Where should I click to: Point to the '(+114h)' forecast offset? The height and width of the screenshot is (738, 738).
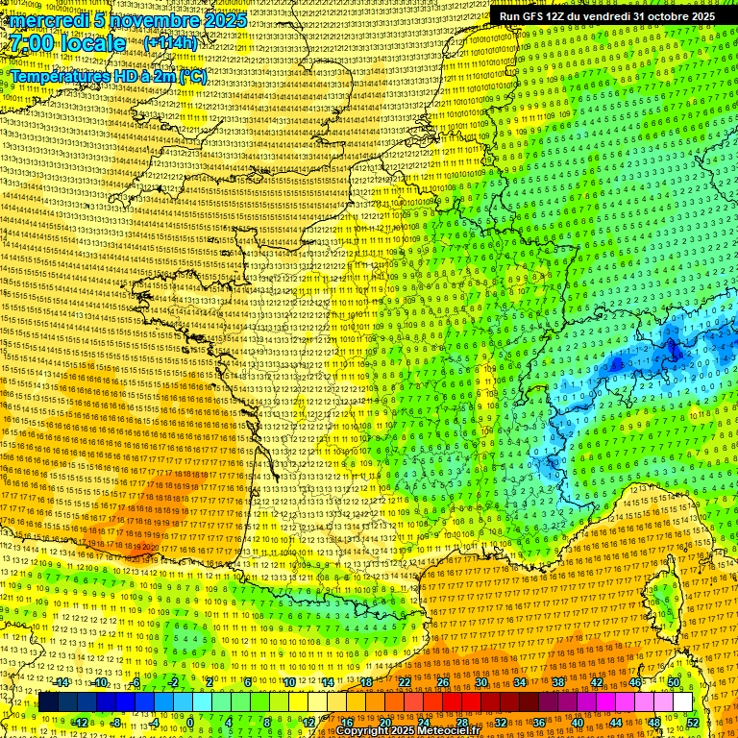coord(171,43)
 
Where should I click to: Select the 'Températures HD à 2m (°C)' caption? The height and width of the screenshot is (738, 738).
coord(108,76)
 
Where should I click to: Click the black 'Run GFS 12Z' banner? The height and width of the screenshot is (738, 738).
coord(606,16)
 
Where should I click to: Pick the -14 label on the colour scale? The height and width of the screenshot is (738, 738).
coord(62,682)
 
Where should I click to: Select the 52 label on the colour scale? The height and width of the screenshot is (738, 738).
coord(693,723)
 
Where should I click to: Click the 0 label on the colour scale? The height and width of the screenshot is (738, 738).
coord(190,723)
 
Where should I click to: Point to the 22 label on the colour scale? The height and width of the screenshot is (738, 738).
coord(404,682)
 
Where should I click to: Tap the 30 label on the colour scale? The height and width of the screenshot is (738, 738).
coord(480,682)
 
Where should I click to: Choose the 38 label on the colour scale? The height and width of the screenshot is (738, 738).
coord(557,682)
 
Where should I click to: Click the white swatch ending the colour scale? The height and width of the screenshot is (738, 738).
coord(682,702)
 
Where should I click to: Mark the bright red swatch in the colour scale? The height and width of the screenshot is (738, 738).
coord(452,702)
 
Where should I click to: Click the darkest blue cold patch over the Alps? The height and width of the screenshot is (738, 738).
coord(674,353)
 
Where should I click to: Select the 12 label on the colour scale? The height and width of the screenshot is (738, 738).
coord(308,723)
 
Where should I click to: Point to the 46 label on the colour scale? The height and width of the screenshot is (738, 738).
coord(635,682)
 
